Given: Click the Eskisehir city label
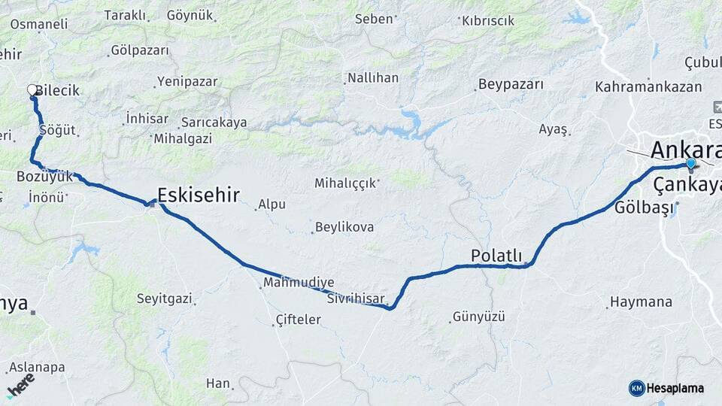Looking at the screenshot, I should (x=199, y=196).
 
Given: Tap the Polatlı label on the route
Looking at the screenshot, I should (x=496, y=256).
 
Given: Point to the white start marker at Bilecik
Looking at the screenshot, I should (x=32, y=90).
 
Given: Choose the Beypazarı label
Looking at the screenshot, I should (x=511, y=84).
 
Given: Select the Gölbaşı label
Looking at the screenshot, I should (x=642, y=208).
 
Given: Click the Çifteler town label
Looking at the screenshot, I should (x=299, y=320).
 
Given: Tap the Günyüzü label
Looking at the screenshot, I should (x=478, y=317).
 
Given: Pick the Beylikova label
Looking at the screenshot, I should (x=344, y=226).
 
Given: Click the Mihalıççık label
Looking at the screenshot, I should (x=344, y=183).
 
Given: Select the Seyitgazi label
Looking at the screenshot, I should (x=164, y=298).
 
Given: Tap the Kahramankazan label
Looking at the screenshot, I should (x=648, y=87).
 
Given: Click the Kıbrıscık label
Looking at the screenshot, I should (x=488, y=21).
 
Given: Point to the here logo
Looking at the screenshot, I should (x=21, y=385).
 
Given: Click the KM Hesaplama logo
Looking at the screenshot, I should (x=666, y=388).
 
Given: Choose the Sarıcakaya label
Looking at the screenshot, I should (x=214, y=122).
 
